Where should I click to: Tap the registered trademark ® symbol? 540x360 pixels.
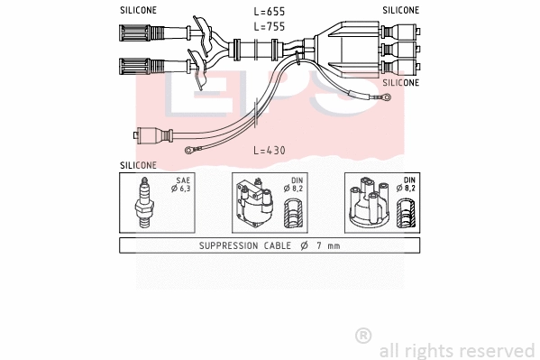click(x=363, y=336)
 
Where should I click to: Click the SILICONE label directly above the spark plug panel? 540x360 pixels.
click(x=138, y=165)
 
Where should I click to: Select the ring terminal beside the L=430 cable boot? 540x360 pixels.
click(x=188, y=152)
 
